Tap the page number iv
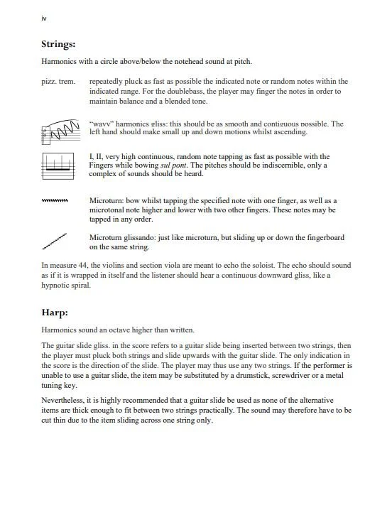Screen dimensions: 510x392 45,18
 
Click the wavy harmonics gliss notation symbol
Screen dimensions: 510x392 60,130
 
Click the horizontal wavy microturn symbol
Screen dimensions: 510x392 56,201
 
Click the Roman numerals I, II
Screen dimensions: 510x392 98,156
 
